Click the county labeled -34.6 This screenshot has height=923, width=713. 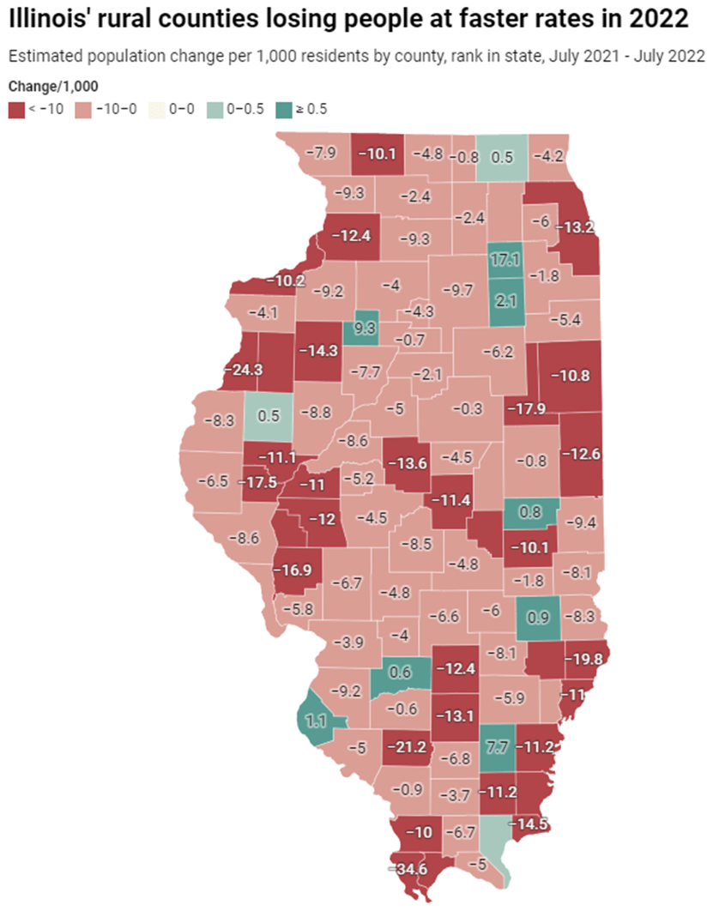[413, 869]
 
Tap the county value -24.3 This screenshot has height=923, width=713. [243, 370]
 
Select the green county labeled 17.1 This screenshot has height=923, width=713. [505, 258]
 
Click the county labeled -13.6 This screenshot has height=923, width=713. [406, 463]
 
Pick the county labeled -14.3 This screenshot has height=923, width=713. [317, 350]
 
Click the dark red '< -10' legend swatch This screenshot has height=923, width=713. [16, 109]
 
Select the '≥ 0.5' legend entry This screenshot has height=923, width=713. [301, 109]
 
